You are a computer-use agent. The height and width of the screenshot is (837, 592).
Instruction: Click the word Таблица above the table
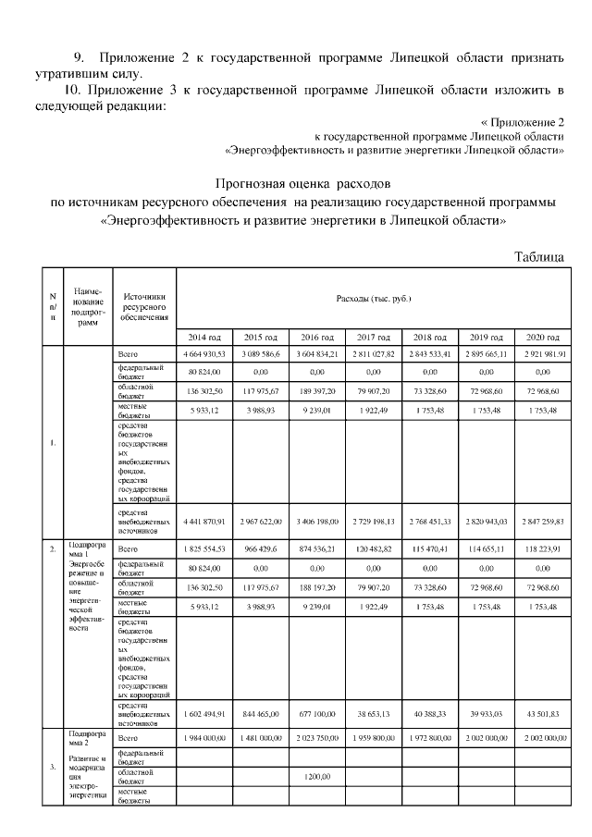539,257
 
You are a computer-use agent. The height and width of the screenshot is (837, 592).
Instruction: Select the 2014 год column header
203,338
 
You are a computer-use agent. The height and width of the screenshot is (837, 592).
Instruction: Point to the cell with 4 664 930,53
203,354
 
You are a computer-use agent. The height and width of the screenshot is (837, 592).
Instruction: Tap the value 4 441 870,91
203,521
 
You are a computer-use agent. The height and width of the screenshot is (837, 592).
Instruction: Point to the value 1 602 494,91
203,715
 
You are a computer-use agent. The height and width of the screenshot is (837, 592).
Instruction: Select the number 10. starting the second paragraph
70,90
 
